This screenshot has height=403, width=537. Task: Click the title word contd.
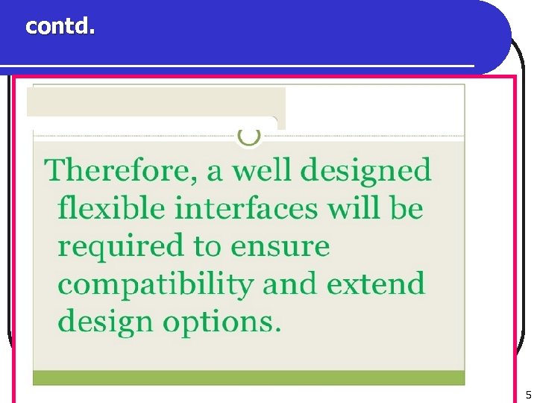pos(60,27)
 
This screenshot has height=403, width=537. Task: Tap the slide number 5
pos(528,395)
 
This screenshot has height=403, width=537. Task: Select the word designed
pos(365,171)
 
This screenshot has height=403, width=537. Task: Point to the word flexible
pos(111,208)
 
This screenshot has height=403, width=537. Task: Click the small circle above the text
pos(248,136)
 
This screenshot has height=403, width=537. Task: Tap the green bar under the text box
pos(248,378)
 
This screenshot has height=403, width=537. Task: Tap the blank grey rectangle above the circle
pos(156,101)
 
